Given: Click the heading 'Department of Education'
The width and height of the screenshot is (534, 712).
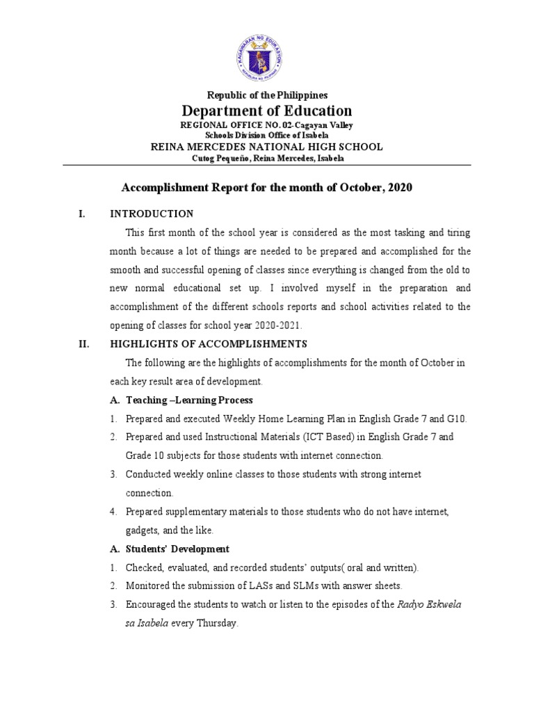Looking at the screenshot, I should (x=267, y=111).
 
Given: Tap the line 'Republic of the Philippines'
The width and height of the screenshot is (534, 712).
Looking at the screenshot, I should (x=267, y=95).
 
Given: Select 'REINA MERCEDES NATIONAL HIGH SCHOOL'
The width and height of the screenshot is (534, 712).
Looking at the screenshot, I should (x=267, y=147).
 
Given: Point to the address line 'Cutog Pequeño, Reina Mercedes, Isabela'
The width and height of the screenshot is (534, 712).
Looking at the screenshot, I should (x=267, y=158).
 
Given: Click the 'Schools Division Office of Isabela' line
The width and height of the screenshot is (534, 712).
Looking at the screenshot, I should (x=267, y=135).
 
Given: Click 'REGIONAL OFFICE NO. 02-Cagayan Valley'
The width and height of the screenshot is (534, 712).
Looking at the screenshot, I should (x=267, y=125).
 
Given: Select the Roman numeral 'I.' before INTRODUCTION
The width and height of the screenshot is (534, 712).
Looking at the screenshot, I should (x=81, y=213).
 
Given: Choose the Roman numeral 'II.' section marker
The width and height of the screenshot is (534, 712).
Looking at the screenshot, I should (x=83, y=344).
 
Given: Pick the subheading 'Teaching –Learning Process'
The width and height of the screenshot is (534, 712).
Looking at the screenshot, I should (x=188, y=400).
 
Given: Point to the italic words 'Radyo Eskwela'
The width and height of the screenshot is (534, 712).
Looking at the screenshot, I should (x=429, y=605).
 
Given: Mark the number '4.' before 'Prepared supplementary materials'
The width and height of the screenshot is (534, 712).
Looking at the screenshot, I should (x=113, y=512).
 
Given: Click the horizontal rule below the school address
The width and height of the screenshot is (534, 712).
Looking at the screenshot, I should (x=267, y=165).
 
